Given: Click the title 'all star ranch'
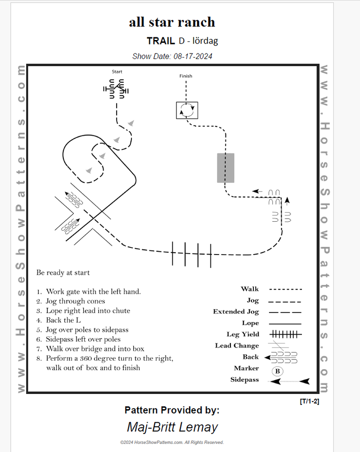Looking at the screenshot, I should click(x=172, y=22).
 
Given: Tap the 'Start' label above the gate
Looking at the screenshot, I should click(x=117, y=72).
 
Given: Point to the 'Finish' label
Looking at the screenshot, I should click(x=185, y=76).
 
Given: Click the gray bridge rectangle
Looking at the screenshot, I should click(x=225, y=168).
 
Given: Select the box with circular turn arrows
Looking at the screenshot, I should click(x=187, y=110).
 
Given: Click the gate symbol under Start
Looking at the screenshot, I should click(x=116, y=89).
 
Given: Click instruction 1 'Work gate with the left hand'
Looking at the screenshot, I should click(x=93, y=291).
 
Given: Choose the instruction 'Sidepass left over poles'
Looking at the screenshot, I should click(x=83, y=339).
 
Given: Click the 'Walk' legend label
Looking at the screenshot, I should click(x=250, y=289).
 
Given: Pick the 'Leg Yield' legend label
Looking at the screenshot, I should click(x=243, y=334).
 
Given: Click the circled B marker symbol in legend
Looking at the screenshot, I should click(x=278, y=371).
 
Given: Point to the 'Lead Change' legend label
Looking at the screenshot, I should click(x=237, y=345).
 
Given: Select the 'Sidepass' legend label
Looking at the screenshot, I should click(x=245, y=380).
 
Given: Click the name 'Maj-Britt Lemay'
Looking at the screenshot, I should click(x=172, y=427).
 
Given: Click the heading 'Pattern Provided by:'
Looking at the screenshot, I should click(x=172, y=410).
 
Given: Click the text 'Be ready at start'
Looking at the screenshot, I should click(x=63, y=273).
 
